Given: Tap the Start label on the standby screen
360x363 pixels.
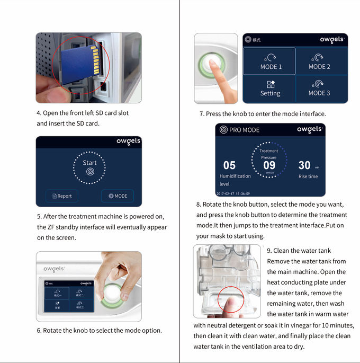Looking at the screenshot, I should click(x=89, y=163).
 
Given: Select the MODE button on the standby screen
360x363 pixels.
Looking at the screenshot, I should click(x=118, y=196).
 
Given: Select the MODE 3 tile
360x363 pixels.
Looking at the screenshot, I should click(x=319, y=88).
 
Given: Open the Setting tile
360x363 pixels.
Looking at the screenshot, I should click(x=270, y=88).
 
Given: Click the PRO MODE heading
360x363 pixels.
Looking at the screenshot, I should click(x=244, y=130).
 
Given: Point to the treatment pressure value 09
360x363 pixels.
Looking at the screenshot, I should click(x=269, y=165).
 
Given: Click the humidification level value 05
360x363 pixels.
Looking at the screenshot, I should click(x=229, y=166).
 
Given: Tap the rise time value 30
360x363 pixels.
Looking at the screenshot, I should click(x=304, y=166).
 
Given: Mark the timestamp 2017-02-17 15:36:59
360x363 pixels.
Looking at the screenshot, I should click(x=233, y=193).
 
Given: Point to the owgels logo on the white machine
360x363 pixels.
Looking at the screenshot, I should click(x=54, y=269).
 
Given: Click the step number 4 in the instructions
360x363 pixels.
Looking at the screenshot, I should click(x=39, y=113).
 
